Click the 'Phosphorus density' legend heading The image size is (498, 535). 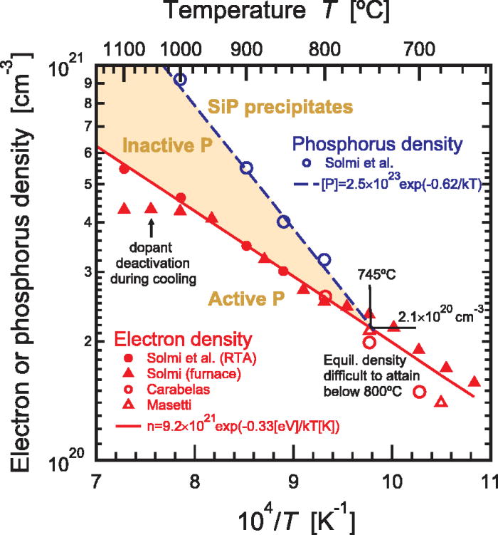tap(385, 145)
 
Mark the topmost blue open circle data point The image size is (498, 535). tap(180, 79)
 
